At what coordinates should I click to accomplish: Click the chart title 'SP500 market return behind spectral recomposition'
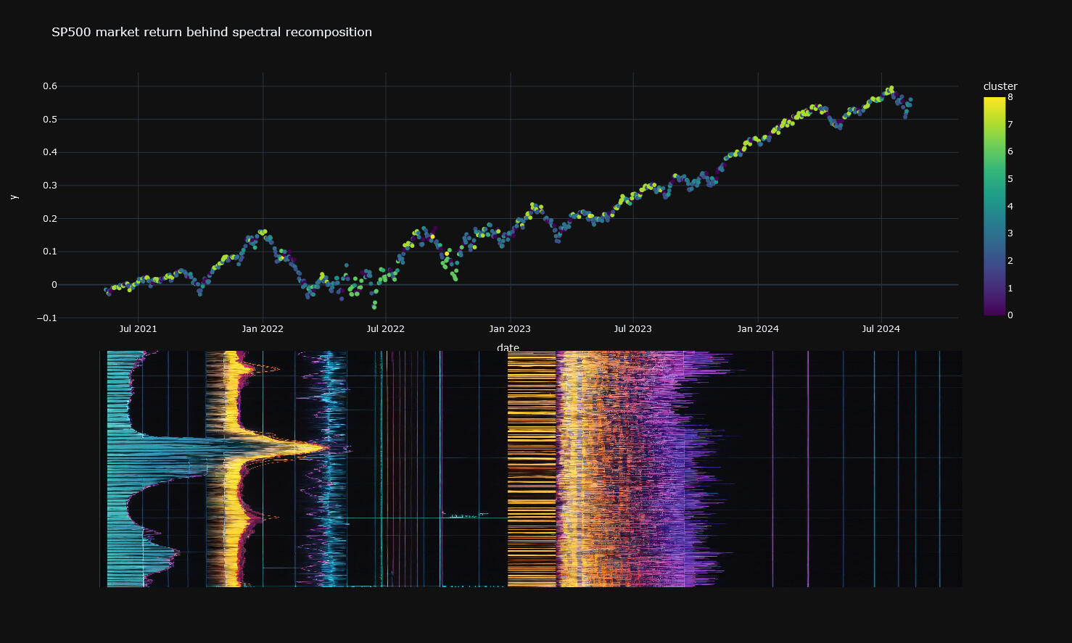(x=212, y=32)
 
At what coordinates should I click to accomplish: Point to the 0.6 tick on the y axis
(x=50, y=86)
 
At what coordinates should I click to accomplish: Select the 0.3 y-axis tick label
(x=50, y=186)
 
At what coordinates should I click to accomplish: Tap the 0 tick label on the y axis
(x=54, y=285)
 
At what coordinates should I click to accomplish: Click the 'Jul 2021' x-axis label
(x=138, y=329)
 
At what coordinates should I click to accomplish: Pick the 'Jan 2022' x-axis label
(x=263, y=329)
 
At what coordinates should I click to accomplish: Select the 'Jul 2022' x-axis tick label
(x=385, y=329)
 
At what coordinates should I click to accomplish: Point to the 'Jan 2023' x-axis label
(x=510, y=329)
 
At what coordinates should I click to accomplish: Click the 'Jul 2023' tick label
(x=632, y=329)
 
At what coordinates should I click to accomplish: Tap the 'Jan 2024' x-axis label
(x=758, y=329)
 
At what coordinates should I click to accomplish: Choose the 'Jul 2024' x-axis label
(x=881, y=329)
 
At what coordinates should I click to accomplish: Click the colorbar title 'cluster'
(x=1000, y=86)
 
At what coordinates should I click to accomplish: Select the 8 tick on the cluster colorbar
(x=1010, y=97)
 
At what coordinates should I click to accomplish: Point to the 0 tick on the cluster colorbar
(x=1010, y=315)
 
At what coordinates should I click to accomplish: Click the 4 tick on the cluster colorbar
(x=1010, y=207)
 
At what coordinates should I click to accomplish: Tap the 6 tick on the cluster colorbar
(x=1010, y=152)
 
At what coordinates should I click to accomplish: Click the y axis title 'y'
(x=13, y=197)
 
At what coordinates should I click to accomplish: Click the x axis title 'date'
(x=508, y=348)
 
